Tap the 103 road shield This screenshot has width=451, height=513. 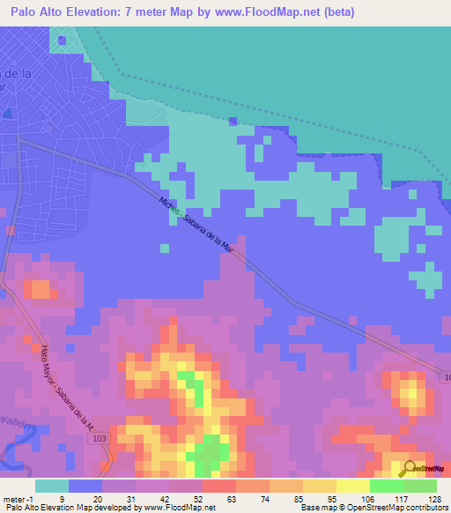coord(98,437)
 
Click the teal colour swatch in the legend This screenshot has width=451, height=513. coord(52,485)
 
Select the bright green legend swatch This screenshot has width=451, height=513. coord(387,485)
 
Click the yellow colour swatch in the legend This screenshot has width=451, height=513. coord(320,485)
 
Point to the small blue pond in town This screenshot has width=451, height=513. coord(61,40)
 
